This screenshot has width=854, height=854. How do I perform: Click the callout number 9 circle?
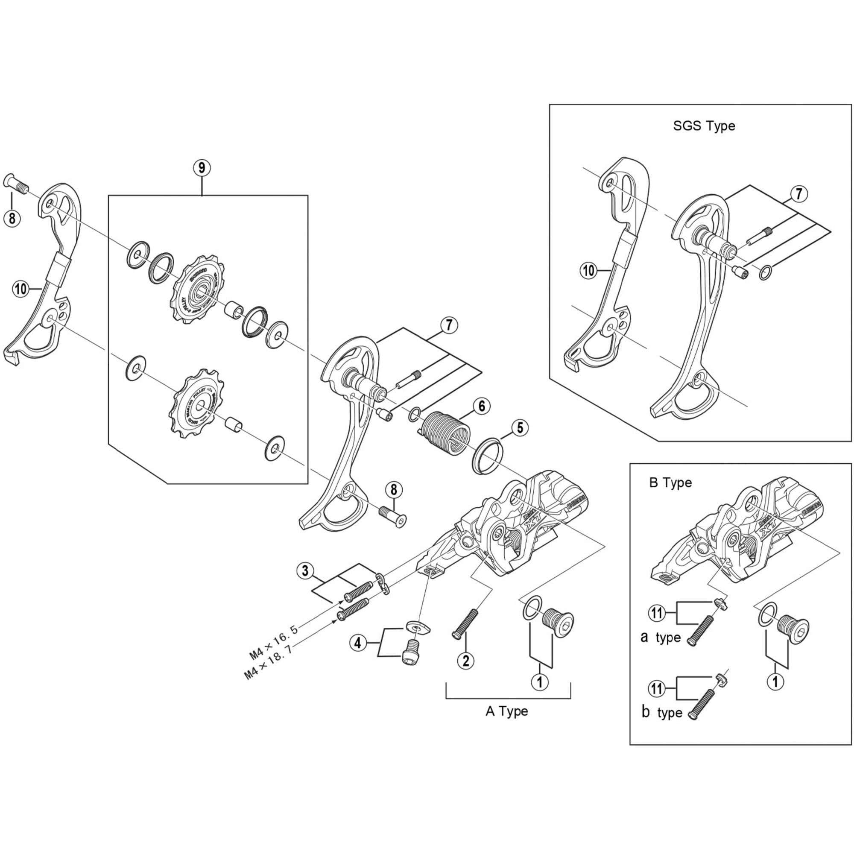coord(202,168)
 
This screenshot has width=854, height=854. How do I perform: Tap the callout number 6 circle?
coord(481,406)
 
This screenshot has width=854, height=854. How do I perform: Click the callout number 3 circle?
coord(305,570)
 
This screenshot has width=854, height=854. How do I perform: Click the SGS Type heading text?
coord(704,126)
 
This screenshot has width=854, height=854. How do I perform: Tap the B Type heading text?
coord(670,483)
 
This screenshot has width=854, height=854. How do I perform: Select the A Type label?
coord(506,711)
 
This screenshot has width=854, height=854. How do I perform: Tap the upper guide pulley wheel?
coord(198,293)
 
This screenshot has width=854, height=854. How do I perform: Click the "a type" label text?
coord(660,638)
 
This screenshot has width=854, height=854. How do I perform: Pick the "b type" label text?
coord(661,713)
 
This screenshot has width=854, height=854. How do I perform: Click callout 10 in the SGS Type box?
coord(589,270)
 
